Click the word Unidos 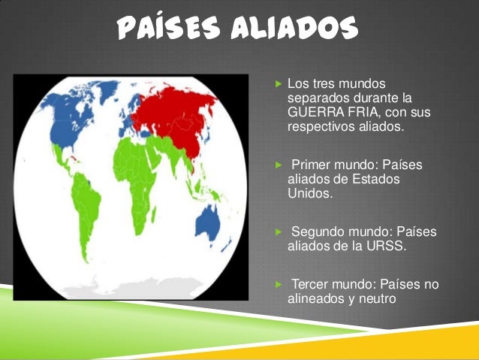(309, 193)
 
